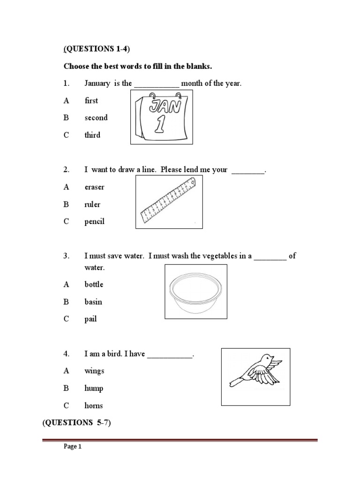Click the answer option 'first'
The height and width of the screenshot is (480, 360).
pos(91,101)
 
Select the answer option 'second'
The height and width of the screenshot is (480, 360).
pos(96,118)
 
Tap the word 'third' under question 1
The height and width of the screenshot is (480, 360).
pos(92,135)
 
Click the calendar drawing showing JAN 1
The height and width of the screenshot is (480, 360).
pos(162,118)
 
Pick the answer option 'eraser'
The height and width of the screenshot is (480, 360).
pos(94,187)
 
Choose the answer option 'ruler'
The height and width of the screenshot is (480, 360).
pos(92,204)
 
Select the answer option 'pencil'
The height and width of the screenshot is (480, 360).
pos(94,222)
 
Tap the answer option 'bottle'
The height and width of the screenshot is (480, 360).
pos(94,285)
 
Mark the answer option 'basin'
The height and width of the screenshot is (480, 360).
pos(93,302)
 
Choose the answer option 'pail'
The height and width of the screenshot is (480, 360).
pos(90,319)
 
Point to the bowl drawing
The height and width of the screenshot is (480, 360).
pos(196,292)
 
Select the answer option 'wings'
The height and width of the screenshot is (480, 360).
pos(94,371)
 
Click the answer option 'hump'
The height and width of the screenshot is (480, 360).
pos(94,388)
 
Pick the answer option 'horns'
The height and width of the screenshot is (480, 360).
pos(93,405)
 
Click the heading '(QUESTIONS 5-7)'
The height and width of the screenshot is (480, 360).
pos(77,423)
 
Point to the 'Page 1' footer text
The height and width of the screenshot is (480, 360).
pos(73,447)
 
